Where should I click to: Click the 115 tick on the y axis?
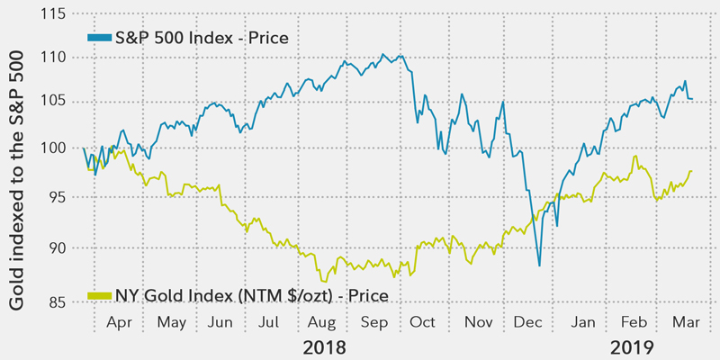(54, 15)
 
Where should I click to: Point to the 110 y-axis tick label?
(54, 57)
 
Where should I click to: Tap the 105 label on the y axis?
(54, 98)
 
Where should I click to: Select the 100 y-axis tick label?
(54, 147)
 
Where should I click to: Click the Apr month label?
(120, 321)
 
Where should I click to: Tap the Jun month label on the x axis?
(220, 321)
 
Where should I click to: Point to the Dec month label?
(529, 321)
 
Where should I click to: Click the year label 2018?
(324, 346)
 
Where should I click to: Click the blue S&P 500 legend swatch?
(98, 37)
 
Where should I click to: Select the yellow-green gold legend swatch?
(98, 294)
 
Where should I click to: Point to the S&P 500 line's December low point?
(539, 265)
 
